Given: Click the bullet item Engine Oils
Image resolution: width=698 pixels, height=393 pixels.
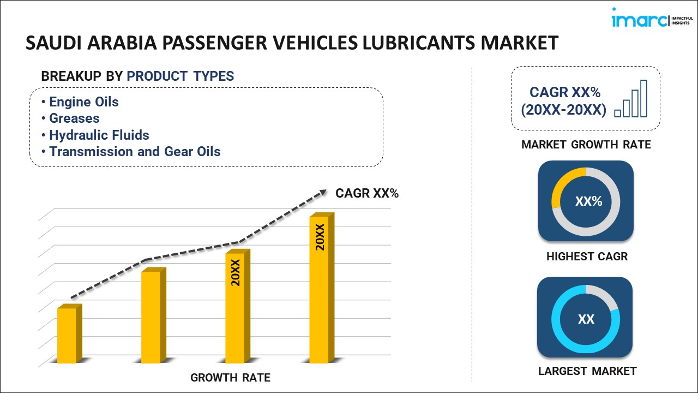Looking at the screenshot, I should coord(83,102).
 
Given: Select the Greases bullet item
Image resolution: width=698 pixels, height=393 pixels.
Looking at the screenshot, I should coord(74,118).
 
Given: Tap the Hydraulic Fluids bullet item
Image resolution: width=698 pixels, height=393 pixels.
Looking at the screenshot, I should coord(99,135).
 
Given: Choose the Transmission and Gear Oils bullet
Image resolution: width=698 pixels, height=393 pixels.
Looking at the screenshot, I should coord(135,152).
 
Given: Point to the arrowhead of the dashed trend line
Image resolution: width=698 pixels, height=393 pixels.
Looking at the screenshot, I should coord(323,192).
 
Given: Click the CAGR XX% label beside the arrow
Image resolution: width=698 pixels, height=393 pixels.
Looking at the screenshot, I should coord(367,193).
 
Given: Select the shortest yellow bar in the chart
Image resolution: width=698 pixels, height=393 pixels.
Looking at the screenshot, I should coord(67,335).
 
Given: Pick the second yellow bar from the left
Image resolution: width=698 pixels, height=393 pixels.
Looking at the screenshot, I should coord(151,317).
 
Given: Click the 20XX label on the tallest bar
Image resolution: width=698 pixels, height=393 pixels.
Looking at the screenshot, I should coord(320,237).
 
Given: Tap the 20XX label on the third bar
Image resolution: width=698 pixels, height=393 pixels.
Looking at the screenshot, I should coord(236,273).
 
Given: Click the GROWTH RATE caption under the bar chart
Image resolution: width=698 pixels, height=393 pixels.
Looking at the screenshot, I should coord(230,378).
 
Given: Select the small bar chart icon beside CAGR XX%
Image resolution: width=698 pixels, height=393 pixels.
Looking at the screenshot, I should coord(631,99).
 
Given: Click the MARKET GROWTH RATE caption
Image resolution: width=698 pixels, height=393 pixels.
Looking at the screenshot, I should coord(586,145).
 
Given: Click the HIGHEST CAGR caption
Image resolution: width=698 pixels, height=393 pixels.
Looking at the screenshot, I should coord(587,256).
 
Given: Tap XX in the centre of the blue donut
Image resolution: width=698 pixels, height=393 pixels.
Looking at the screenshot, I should coord(586,319).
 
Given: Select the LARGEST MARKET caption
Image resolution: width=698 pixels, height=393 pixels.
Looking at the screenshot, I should coord(587,371).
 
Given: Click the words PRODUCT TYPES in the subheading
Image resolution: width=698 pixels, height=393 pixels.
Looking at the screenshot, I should coord(180,76).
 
